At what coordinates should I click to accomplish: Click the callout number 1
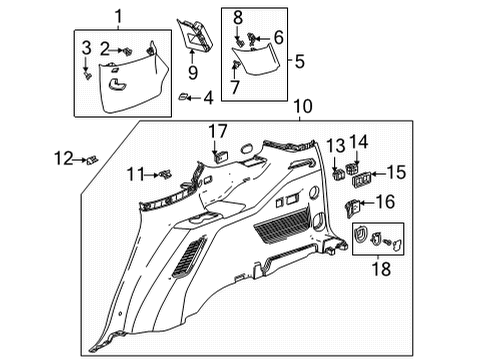118,16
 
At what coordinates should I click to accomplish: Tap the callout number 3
85,49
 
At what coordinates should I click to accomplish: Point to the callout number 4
207,97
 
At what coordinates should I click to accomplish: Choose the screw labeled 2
129,49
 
